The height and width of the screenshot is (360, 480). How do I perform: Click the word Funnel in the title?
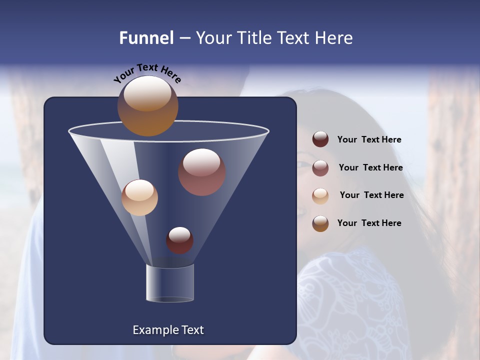pyautogui.click(x=146, y=38)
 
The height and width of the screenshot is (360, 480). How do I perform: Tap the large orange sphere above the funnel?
pyautogui.click(x=148, y=106)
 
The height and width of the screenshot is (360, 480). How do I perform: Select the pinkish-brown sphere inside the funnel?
pyautogui.click(x=201, y=172)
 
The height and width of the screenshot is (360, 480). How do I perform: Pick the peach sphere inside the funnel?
pyautogui.click(x=139, y=197)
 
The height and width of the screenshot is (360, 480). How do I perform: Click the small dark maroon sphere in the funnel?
pyautogui.click(x=179, y=240)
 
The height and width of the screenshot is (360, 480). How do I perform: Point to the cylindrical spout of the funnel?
pyautogui.click(x=170, y=283)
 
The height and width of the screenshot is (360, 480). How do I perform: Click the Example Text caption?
pyautogui.click(x=168, y=330)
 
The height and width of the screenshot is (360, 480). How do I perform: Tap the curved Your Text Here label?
pyautogui.click(x=147, y=73)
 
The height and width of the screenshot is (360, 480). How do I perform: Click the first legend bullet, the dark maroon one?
pyautogui.click(x=320, y=139)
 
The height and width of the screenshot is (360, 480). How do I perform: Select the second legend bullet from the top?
pyautogui.click(x=320, y=167)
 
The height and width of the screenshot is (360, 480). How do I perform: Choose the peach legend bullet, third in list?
pyautogui.click(x=320, y=195)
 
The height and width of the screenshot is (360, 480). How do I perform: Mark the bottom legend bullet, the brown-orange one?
pyautogui.click(x=320, y=223)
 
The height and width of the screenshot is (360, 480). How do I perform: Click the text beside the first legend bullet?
pyautogui.click(x=369, y=140)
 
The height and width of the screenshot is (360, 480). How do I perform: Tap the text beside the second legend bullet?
pyautogui.click(x=370, y=168)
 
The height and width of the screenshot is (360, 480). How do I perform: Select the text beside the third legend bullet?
pyautogui.click(x=371, y=195)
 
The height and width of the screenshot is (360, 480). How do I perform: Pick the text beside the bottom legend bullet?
pyautogui.click(x=369, y=223)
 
